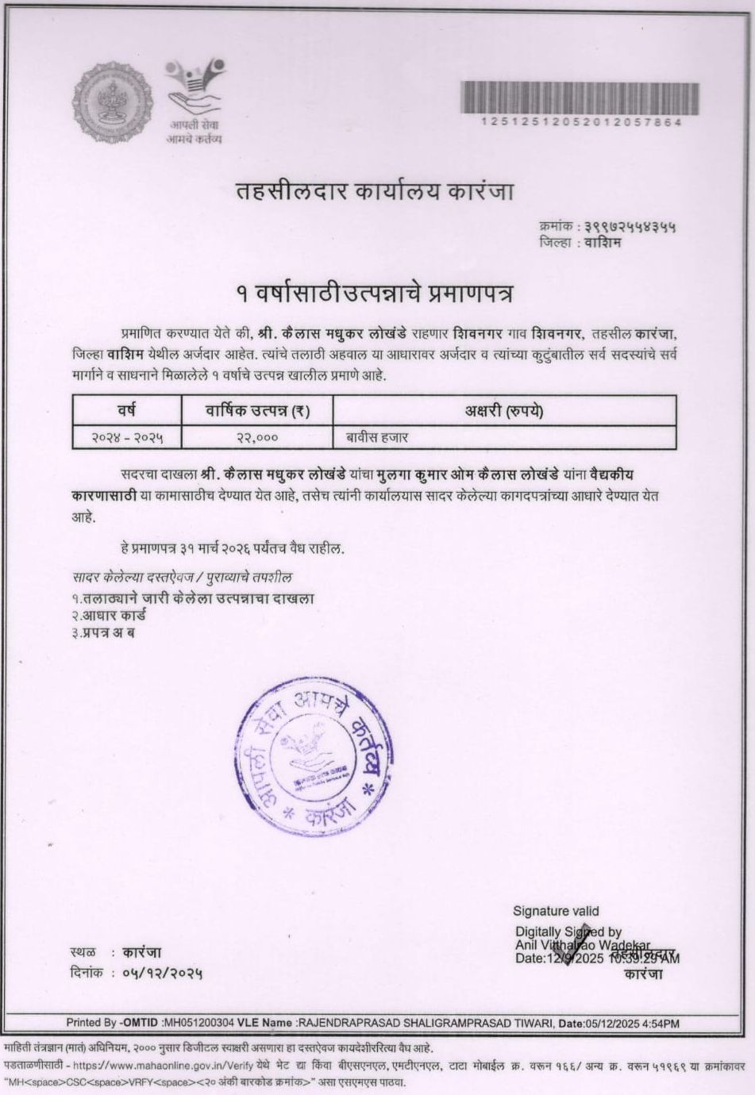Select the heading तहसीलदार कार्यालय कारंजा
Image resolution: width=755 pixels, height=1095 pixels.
(376, 192)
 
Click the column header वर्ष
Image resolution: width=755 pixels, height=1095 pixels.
(126, 410)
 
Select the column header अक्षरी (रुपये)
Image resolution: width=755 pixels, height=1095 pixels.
(503, 410)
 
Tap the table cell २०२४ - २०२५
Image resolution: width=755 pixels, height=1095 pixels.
(126, 436)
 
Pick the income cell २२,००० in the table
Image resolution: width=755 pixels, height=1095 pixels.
(257, 436)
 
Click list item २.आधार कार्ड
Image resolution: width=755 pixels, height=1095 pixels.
(109, 615)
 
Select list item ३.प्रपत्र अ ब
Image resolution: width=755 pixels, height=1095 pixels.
(103, 632)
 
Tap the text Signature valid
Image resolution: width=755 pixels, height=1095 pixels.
(556, 911)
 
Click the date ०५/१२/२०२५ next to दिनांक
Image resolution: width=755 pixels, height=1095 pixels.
(163, 972)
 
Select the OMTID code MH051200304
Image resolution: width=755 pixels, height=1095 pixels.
(198, 1024)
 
